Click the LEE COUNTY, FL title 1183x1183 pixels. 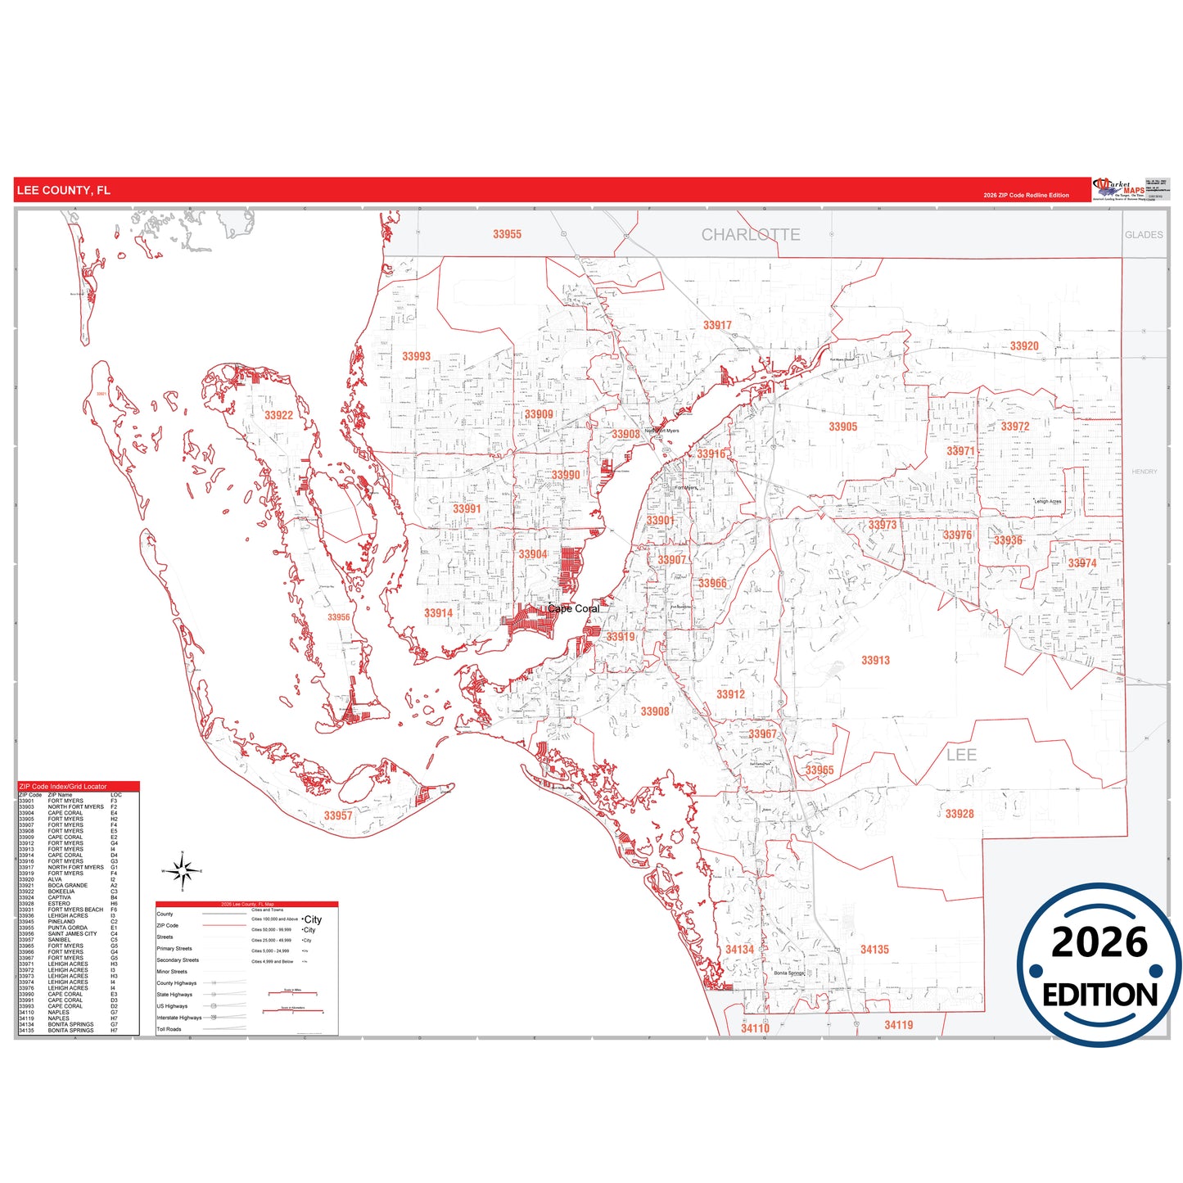(63, 190)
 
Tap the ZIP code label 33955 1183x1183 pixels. (507, 234)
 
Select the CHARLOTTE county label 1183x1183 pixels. (751, 235)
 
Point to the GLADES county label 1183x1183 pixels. (1143, 235)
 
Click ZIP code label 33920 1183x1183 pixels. (1023, 346)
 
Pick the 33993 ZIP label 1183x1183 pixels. (416, 356)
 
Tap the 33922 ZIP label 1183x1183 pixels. (278, 415)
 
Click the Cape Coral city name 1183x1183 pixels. (573, 608)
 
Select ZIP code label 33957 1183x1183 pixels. (337, 815)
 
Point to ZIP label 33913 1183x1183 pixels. (875, 660)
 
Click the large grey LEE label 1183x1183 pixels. (961, 755)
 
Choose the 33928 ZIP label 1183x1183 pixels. (959, 814)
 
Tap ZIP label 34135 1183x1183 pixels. (874, 950)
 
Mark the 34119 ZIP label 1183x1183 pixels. (898, 1025)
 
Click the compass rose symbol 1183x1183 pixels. (183, 871)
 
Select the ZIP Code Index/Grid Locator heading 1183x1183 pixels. (62, 787)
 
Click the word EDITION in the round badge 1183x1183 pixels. (1099, 995)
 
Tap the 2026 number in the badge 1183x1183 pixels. (1099, 942)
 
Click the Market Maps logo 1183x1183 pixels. (1119, 189)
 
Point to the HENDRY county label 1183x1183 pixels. (1144, 472)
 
